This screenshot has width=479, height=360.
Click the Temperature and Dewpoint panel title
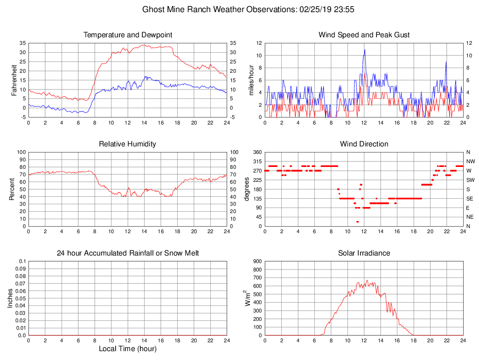click(x=128, y=35)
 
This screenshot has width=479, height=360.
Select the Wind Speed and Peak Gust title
click(x=364, y=35)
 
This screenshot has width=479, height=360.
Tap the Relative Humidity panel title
click(x=128, y=144)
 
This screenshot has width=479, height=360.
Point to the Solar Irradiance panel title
click(x=364, y=253)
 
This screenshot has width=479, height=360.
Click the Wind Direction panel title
click(x=364, y=144)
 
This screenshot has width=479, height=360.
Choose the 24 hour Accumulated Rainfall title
click(x=128, y=253)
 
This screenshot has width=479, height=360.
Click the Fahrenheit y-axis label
click(x=14, y=80)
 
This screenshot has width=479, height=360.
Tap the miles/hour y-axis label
click(x=251, y=80)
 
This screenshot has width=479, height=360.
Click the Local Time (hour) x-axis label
click(x=128, y=348)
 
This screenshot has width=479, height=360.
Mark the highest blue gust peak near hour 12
click(x=365, y=49)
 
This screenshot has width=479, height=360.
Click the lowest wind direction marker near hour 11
click(x=357, y=222)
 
